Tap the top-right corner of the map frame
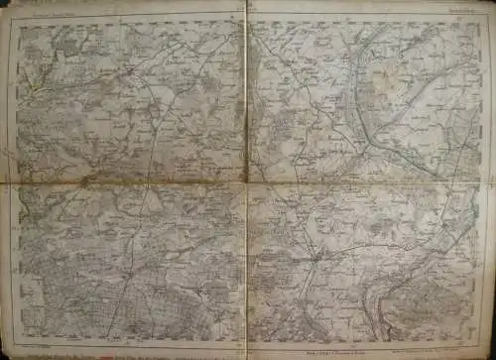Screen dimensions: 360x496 coord(485,17)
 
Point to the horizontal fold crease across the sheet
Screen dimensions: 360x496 coord(129,182)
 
